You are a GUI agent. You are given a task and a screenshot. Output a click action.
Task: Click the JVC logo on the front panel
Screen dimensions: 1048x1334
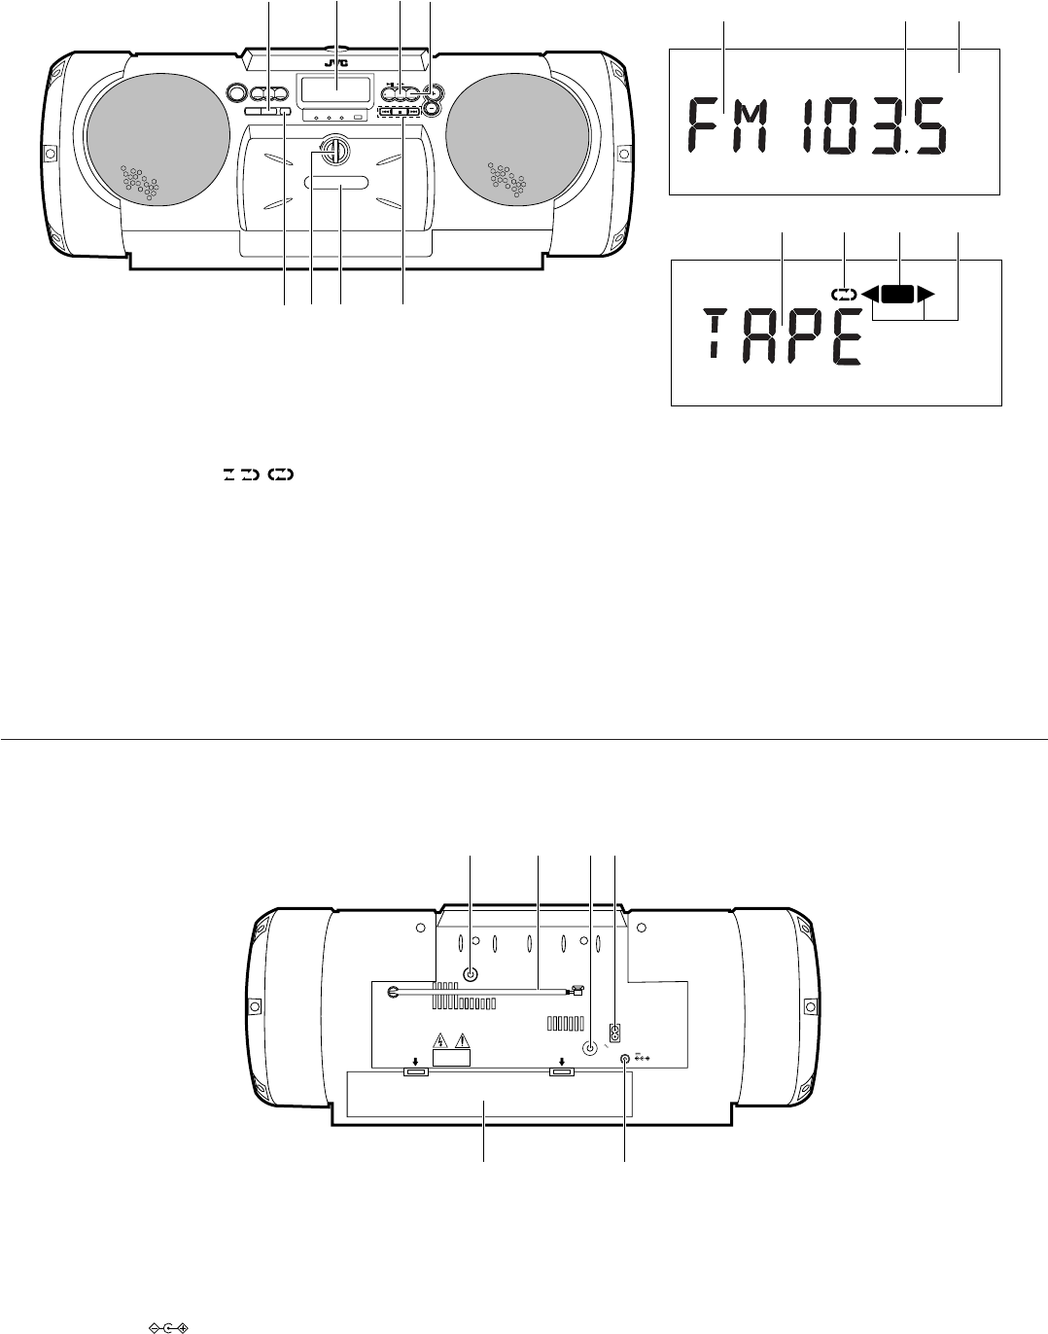click(x=336, y=64)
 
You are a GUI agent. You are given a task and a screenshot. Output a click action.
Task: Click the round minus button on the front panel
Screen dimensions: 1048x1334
click(x=433, y=109)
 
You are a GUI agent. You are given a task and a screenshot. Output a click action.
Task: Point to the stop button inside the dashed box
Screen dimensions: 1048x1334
click(x=400, y=112)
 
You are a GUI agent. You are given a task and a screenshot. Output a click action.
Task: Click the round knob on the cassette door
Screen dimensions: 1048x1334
click(x=334, y=149)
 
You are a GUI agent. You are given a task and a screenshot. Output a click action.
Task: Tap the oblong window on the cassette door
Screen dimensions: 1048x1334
click(x=336, y=183)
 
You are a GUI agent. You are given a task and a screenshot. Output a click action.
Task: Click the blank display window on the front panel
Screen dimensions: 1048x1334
click(x=335, y=89)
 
